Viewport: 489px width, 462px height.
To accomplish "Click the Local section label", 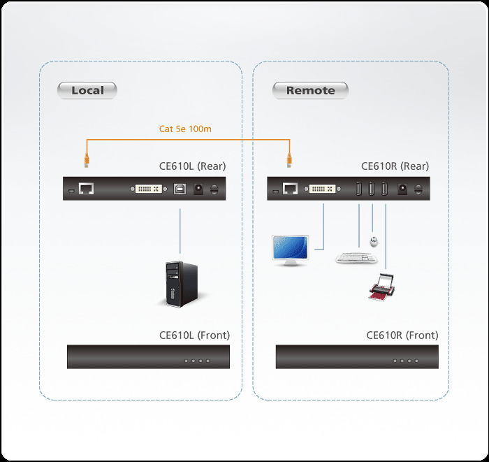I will pyautogui.click(x=87, y=90).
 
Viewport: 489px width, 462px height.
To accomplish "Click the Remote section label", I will pyautogui.click(x=310, y=90).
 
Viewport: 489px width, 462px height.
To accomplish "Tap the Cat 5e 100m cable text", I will pyautogui.click(x=185, y=129).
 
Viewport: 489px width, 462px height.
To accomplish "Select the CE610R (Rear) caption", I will pyautogui.click(x=395, y=166).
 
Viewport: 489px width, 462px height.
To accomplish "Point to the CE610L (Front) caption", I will pyautogui.click(x=194, y=335).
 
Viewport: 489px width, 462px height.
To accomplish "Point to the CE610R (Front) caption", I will pyautogui.click(x=402, y=335).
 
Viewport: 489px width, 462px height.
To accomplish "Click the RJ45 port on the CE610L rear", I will pyautogui.click(x=87, y=189).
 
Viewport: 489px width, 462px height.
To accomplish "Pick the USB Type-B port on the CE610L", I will pyautogui.click(x=180, y=189).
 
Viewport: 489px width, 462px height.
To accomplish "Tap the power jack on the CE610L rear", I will pyautogui.click(x=198, y=189).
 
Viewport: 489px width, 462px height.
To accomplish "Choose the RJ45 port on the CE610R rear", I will pyautogui.click(x=291, y=189).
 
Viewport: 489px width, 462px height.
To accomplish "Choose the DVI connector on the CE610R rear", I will pyautogui.click(x=322, y=189).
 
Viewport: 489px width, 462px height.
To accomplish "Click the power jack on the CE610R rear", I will pyautogui.click(x=402, y=189).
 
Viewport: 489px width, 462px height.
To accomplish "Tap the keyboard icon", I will pyautogui.click(x=354, y=258).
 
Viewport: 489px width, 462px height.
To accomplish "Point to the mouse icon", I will pyautogui.click(x=374, y=242).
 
